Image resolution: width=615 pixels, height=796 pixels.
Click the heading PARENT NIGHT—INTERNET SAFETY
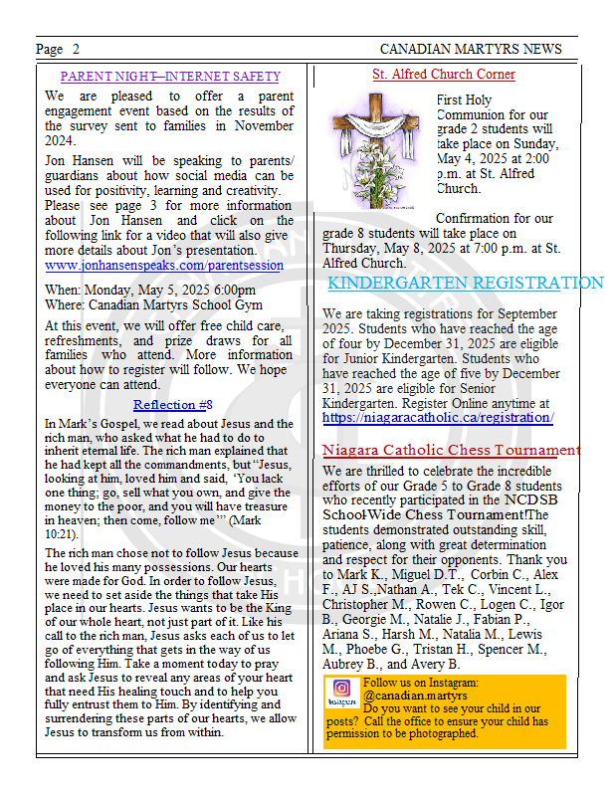(170, 76)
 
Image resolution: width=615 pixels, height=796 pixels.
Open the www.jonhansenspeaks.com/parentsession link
(164, 266)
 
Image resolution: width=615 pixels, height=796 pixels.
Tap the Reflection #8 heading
(173, 405)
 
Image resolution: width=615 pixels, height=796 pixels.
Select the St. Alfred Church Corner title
(444, 74)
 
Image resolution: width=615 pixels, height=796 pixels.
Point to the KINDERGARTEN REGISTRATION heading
(465, 284)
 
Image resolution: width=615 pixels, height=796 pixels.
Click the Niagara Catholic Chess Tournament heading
(451, 451)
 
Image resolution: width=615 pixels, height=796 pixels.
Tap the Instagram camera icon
(341, 688)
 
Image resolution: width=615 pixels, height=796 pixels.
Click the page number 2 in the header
(76, 49)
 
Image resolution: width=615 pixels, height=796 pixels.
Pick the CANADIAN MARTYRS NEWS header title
(471, 49)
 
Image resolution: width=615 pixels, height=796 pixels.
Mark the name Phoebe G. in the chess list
(377, 649)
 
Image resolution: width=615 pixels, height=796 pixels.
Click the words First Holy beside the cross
(464, 99)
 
